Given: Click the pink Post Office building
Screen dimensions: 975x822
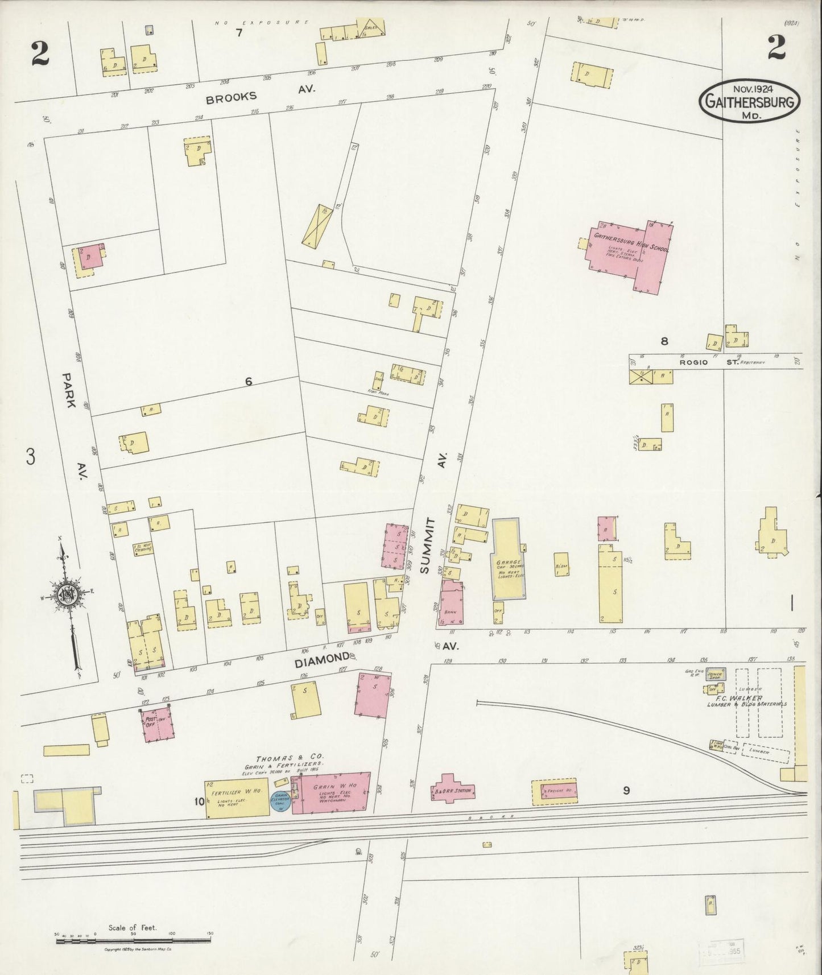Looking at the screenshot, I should click(x=156, y=724).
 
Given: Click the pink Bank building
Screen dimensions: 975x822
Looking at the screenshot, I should click(x=451, y=605).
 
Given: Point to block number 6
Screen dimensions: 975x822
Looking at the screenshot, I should click(x=248, y=382).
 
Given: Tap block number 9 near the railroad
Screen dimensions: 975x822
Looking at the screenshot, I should click(x=626, y=790).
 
